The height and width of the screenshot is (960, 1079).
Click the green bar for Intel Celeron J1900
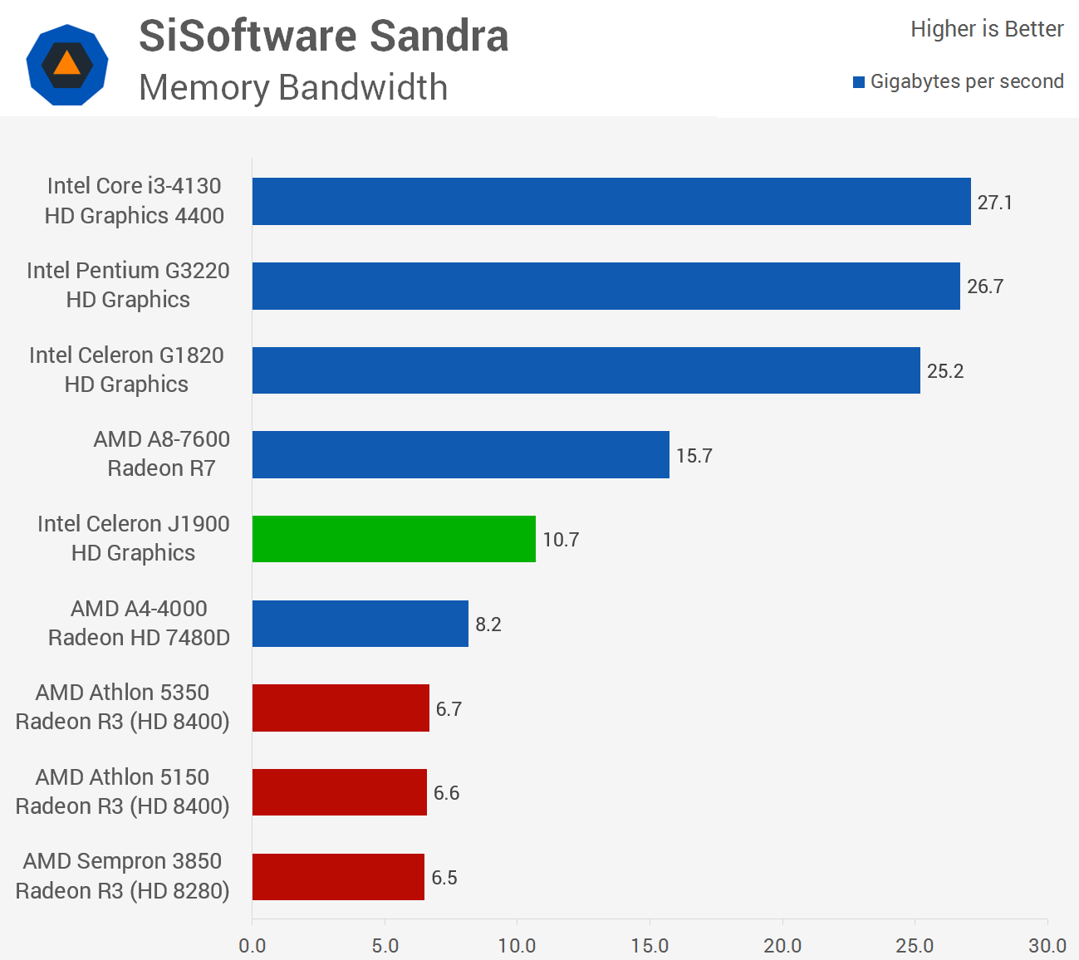click(x=394, y=539)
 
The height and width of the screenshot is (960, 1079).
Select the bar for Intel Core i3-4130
click(x=611, y=201)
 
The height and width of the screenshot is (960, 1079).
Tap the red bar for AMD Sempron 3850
click(x=338, y=877)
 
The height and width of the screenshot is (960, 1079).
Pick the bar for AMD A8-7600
click(x=460, y=454)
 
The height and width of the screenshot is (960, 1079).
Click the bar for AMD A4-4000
click(x=360, y=624)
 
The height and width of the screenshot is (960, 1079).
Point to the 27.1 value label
click(x=994, y=203)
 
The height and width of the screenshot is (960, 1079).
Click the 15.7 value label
click(x=694, y=456)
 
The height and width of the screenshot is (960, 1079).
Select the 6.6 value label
click(x=446, y=793)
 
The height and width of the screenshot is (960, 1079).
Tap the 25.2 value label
click(x=945, y=371)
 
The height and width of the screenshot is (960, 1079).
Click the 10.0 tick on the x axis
click(x=517, y=946)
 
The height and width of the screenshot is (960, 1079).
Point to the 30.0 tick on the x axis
click(x=1047, y=946)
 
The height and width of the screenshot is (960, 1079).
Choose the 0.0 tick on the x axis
click(x=252, y=946)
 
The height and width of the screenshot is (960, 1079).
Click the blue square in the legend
click(x=859, y=82)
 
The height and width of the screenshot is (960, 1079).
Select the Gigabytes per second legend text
click(x=967, y=81)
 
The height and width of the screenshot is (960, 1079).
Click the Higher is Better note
click(x=986, y=29)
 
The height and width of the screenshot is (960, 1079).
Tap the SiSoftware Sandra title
click(x=323, y=36)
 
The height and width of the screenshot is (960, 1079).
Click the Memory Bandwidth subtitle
click(x=293, y=87)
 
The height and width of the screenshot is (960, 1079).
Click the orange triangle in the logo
click(x=67, y=64)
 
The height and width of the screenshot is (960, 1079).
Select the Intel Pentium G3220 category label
click(x=128, y=285)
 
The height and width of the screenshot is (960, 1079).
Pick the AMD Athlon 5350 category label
click(x=122, y=707)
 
